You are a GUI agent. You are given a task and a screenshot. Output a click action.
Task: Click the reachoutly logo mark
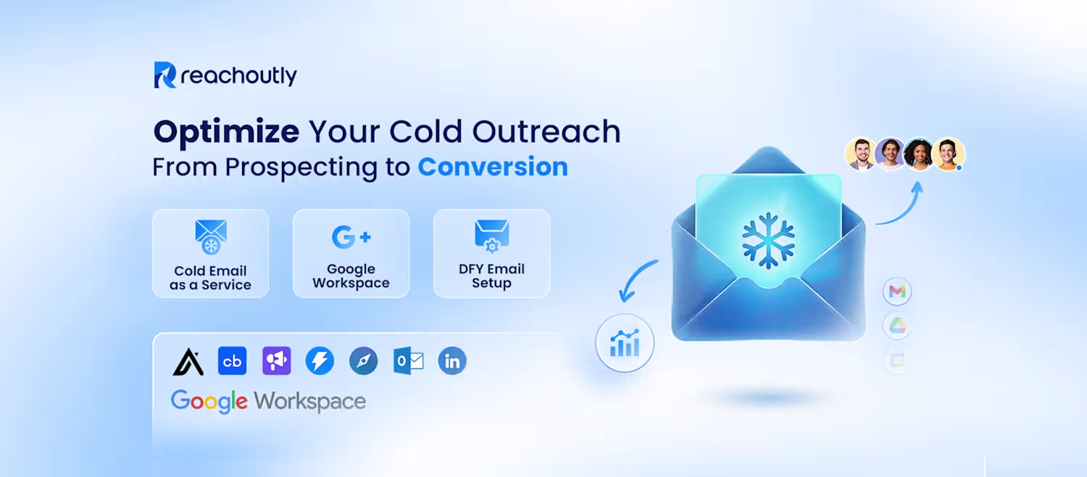(165, 75)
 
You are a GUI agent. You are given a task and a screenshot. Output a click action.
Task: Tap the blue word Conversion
(493, 167)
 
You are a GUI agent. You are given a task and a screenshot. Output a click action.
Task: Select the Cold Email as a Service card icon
(211, 237)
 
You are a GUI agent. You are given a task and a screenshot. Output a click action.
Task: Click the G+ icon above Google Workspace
(351, 237)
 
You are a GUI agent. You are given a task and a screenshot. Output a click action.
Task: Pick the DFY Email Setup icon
(491, 236)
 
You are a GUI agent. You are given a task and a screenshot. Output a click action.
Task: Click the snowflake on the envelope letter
(768, 240)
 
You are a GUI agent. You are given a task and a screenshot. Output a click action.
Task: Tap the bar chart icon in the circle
(625, 343)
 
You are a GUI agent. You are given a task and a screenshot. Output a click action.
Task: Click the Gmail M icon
(897, 291)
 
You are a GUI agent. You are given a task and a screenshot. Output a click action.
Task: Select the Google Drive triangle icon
(897, 325)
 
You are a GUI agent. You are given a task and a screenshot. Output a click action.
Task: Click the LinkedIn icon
(451, 360)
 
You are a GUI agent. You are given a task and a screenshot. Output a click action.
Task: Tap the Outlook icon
(408, 360)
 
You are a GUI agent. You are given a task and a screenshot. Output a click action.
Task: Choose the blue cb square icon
(232, 360)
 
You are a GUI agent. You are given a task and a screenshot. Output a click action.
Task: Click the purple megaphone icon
(276, 360)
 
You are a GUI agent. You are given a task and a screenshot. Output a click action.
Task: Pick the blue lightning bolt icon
(320, 360)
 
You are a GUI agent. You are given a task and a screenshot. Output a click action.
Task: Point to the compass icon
(364, 360)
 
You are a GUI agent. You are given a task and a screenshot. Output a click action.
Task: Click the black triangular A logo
(188, 362)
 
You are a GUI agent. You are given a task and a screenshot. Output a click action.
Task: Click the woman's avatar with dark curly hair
(919, 154)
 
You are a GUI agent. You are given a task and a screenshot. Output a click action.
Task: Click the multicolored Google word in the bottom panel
(209, 402)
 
